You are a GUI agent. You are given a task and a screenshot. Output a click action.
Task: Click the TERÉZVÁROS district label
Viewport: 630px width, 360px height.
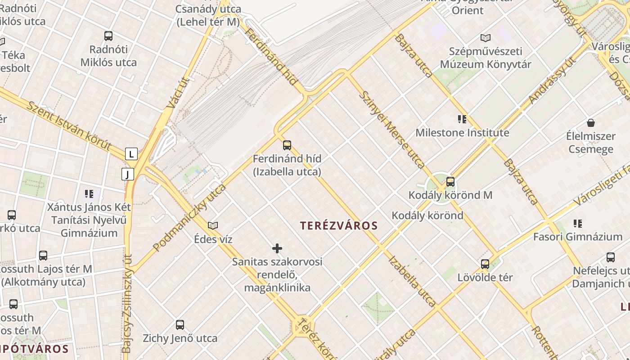tap(339, 225)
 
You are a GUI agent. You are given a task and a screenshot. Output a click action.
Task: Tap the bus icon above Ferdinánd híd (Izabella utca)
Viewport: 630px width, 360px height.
tap(287, 145)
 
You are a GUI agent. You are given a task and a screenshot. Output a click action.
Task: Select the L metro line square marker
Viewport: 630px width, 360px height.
tap(131, 154)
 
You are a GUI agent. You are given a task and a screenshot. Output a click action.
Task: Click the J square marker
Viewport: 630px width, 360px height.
tap(128, 174)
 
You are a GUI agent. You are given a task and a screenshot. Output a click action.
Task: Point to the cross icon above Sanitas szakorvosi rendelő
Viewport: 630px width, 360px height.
tap(277, 248)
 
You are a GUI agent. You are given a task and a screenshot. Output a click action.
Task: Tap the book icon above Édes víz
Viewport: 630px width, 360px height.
tap(213, 225)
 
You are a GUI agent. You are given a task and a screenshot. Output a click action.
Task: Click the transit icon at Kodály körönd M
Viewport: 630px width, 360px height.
tap(450, 182)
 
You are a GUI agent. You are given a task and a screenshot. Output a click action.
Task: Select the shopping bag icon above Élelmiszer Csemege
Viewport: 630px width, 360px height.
tap(591, 122)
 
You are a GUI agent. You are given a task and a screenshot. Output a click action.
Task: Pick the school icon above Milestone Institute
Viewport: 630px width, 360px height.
tap(462, 119)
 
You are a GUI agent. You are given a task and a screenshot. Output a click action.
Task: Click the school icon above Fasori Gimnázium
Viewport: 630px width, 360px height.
tap(578, 223)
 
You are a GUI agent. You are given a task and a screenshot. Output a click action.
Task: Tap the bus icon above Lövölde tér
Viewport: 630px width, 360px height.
tap(485, 264)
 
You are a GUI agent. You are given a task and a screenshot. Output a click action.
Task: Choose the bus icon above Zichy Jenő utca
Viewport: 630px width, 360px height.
tap(180, 324)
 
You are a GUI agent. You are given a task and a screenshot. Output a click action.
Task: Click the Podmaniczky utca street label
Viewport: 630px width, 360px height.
tap(189, 217)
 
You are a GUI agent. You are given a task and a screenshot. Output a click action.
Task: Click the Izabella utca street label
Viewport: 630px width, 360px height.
tap(411, 281)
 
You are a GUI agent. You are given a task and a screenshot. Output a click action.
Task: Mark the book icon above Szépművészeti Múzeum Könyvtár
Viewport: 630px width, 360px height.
tap(485, 38)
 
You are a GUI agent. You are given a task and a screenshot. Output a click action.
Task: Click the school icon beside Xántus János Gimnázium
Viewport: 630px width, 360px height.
tap(89, 194)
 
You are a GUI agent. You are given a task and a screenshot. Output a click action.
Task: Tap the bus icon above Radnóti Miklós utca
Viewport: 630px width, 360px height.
tap(108, 36)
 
